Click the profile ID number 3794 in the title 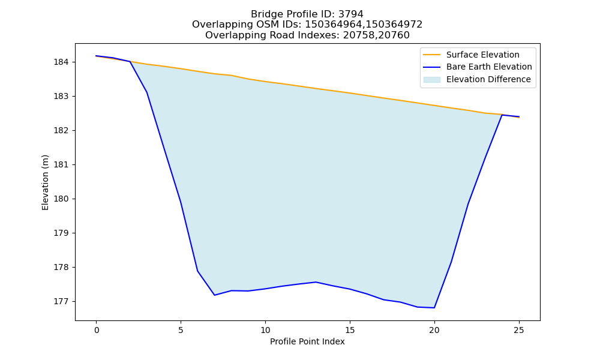pos(350,14)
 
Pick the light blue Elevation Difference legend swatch pos(431,80)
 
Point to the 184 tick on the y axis pos(61,62)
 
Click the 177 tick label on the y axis pos(61,301)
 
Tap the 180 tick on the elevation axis pos(61,199)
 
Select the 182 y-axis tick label pos(61,130)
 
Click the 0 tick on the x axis pos(97,330)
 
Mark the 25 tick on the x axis pos(519,330)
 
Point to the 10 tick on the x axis pos(265,330)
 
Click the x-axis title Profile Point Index pos(307,341)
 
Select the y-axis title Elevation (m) pos(45,182)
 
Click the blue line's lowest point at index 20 pos(434,308)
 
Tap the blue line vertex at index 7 pos(215,295)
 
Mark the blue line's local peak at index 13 pos(316,282)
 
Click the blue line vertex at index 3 pos(147,92)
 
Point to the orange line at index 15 pos(350,93)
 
